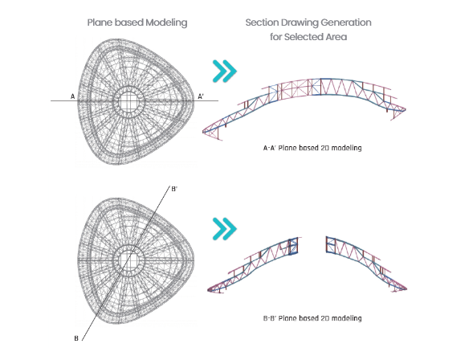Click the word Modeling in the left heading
(166, 23)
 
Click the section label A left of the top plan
(72, 96)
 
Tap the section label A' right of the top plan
(201, 96)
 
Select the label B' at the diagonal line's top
(174, 189)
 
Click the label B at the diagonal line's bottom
(76, 338)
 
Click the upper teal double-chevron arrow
(225, 72)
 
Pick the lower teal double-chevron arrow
(225, 229)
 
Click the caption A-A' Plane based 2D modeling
(312, 148)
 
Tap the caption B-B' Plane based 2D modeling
(312, 318)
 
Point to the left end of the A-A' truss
(203, 132)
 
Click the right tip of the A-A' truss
(405, 110)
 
